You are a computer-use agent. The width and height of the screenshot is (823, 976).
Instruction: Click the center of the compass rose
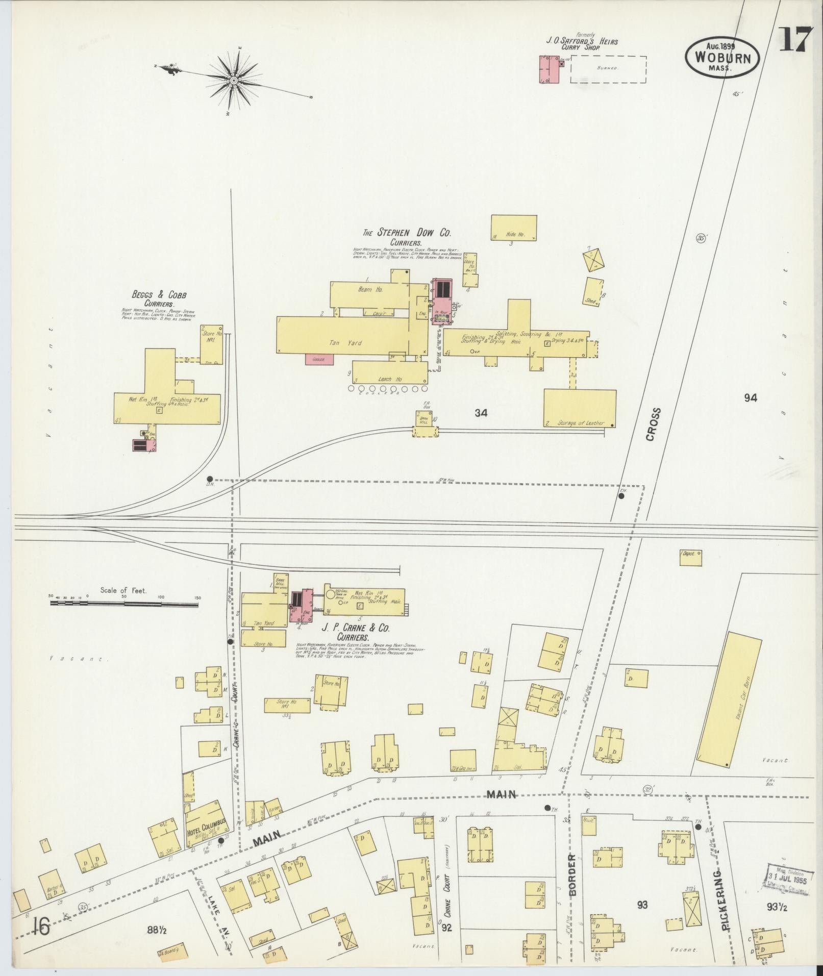(233, 81)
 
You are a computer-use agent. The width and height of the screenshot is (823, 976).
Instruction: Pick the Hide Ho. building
(513, 228)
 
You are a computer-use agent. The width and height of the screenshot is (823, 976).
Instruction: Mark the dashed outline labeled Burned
(608, 69)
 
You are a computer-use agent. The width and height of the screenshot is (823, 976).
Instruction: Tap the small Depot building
(690, 558)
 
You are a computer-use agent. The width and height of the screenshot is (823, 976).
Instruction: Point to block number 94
(750, 398)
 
